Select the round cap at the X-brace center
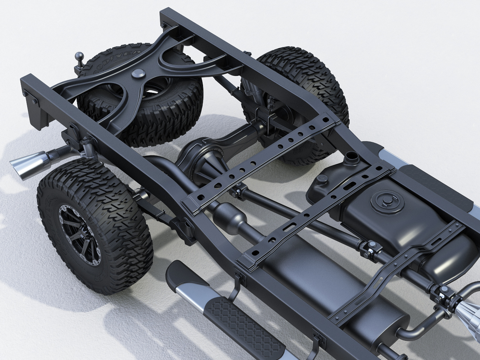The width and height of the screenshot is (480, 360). pyautogui.click(x=138, y=74)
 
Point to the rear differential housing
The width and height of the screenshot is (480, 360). pyautogui.click(x=203, y=160)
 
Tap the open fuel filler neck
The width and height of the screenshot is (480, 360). pyautogui.click(x=351, y=156)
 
